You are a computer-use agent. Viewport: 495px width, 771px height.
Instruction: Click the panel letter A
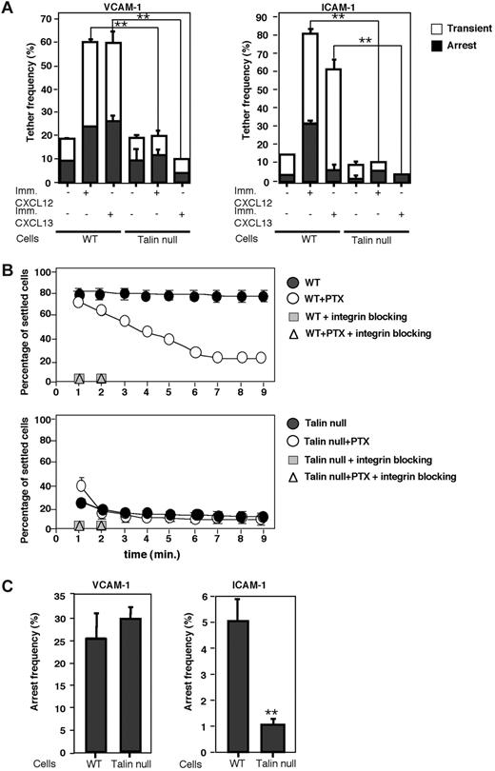[9, 9]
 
